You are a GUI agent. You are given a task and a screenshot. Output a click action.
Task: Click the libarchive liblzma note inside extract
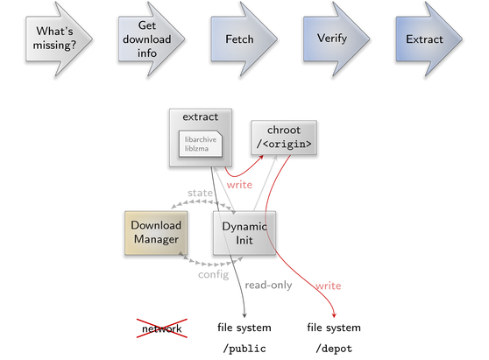click(201, 144)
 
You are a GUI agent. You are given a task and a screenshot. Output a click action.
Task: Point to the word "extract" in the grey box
click(200, 116)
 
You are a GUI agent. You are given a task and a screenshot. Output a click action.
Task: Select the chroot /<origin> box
click(284, 138)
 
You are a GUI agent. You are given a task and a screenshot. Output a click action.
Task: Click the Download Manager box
click(156, 233)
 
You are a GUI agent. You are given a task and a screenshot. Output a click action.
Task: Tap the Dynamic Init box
click(244, 233)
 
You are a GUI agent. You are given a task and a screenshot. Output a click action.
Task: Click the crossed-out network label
click(162, 328)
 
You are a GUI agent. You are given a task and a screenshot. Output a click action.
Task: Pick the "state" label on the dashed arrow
click(200, 193)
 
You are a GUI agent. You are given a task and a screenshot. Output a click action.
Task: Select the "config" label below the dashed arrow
click(214, 274)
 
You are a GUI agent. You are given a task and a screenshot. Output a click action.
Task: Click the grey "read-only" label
click(268, 285)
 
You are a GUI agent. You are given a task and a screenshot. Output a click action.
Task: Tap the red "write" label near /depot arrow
click(328, 286)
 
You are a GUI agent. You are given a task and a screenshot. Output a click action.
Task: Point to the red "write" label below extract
click(239, 185)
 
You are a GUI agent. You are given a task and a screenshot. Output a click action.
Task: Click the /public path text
click(244, 349)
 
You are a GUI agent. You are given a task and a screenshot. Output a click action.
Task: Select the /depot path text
click(334, 349)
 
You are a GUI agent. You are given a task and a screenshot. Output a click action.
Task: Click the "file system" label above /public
click(244, 328)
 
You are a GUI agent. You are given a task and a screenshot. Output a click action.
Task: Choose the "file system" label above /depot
click(334, 328)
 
